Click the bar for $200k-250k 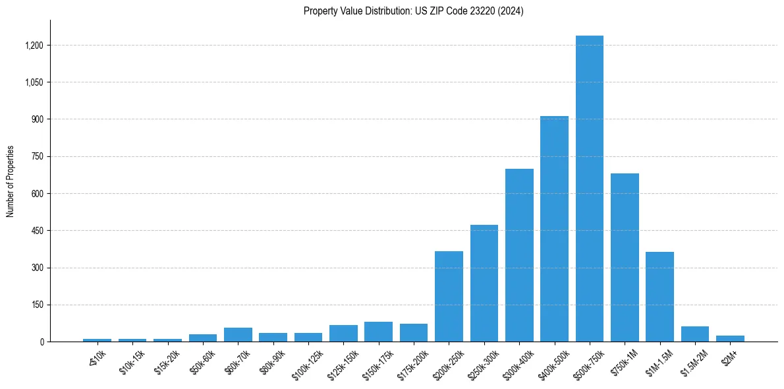pyautogui.click(x=449, y=297)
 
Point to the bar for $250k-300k pyautogui.click(x=484, y=284)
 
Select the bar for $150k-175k pyautogui.click(x=378, y=332)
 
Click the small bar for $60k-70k pyautogui.click(x=238, y=335)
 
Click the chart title pyautogui.click(x=413, y=11)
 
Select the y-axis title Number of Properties pyautogui.click(x=11, y=181)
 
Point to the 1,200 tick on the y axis pyautogui.click(x=34, y=45)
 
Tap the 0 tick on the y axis pyautogui.click(x=42, y=342)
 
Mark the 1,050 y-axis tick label pyautogui.click(x=34, y=82)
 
